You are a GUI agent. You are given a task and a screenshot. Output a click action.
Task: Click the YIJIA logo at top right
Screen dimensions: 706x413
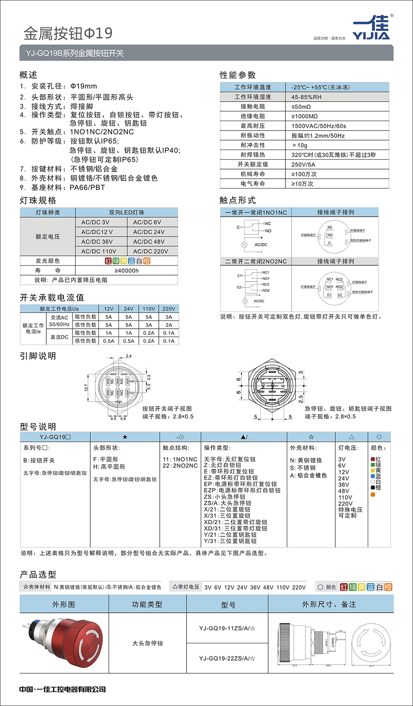pos(371,29)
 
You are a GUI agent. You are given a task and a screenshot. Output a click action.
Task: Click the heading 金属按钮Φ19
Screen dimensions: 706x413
pos(68,33)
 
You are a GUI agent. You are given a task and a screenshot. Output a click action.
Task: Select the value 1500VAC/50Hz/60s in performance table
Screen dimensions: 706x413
pos(319,126)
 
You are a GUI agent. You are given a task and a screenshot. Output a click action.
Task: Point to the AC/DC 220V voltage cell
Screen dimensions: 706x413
pos(150,251)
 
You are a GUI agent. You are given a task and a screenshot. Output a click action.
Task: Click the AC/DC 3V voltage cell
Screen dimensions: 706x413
pos(95,222)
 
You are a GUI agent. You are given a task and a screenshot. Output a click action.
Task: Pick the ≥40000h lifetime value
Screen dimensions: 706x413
pos(127,271)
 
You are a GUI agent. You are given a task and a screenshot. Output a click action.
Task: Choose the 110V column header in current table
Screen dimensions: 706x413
pos(149,309)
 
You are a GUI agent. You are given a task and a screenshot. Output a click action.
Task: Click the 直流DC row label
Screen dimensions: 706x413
pos(59,337)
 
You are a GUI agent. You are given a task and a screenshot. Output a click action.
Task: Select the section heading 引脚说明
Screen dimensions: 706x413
pos(38,356)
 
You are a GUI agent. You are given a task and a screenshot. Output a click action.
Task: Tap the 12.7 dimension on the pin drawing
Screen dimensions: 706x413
pos(86,388)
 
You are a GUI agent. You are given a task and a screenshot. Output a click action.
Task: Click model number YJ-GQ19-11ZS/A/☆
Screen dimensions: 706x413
pos(227,628)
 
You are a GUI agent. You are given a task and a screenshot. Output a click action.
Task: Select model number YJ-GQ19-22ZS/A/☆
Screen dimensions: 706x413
pos(227,658)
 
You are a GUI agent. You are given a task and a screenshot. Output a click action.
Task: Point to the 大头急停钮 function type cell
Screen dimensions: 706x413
pos(147,643)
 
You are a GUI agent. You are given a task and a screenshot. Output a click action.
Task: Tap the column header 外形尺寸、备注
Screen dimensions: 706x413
pos(329,604)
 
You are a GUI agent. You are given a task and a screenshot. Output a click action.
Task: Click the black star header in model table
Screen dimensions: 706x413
pos(125,437)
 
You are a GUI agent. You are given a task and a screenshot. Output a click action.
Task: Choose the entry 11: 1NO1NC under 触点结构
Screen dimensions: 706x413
pos(180,459)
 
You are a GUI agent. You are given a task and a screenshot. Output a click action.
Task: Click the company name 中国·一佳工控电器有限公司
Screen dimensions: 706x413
pos(63,689)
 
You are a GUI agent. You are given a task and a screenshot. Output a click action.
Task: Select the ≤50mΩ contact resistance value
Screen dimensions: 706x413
pos(301,107)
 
